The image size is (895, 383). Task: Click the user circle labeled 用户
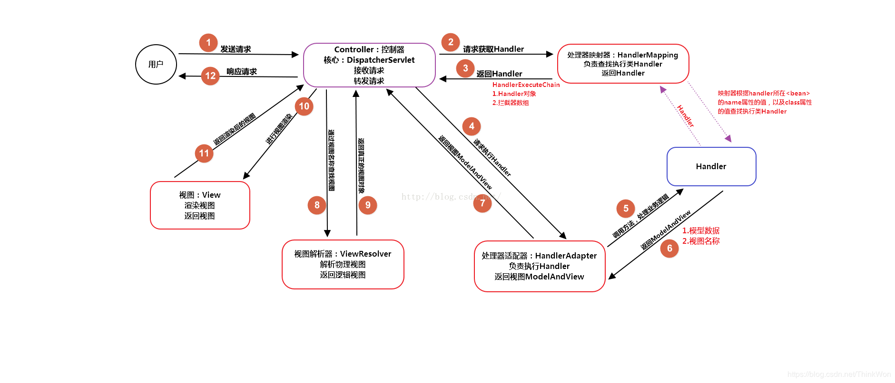tap(156, 65)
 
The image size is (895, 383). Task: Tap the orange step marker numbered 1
tap(208, 43)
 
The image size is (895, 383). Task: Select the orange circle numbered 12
tap(210, 76)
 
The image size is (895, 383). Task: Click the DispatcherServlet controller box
tap(369, 65)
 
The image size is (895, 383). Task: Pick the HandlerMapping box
tap(623, 64)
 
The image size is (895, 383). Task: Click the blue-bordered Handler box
tap(711, 166)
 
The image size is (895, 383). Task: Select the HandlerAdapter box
tap(539, 266)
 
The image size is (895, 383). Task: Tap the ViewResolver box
tap(343, 264)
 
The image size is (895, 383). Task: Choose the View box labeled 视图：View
tap(200, 205)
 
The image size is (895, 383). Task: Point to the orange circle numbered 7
tap(482, 203)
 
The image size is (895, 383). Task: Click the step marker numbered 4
tap(472, 126)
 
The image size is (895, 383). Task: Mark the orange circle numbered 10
tap(304, 106)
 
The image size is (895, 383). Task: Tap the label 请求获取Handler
tap(493, 49)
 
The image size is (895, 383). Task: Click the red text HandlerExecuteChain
tap(526, 85)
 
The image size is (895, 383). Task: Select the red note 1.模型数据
tap(701, 230)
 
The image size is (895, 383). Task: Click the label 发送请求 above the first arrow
tap(236, 49)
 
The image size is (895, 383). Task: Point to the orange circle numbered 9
tap(368, 205)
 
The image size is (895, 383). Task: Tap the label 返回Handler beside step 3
tap(499, 74)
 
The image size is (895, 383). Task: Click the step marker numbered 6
tap(669, 249)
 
